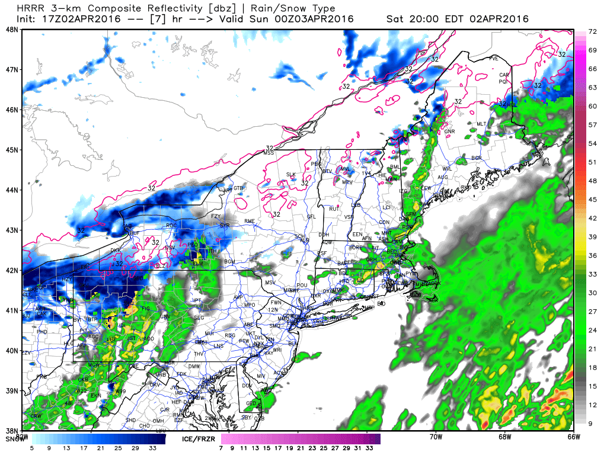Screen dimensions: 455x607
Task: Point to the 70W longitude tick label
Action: [x=436, y=437]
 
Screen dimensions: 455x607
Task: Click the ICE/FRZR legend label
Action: [x=200, y=440]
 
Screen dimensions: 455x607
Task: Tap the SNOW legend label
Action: [x=14, y=440]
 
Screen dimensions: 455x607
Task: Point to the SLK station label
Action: [x=290, y=174]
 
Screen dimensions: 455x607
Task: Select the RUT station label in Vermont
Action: [x=334, y=209]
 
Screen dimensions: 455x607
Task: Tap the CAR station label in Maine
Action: [x=504, y=75]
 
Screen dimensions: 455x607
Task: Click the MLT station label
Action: [x=481, y=124]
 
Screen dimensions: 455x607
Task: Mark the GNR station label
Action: [x=449, y=132]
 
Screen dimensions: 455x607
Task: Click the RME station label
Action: [x=249, y=221]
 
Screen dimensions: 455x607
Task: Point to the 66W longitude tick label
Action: [x=573, y=437]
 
